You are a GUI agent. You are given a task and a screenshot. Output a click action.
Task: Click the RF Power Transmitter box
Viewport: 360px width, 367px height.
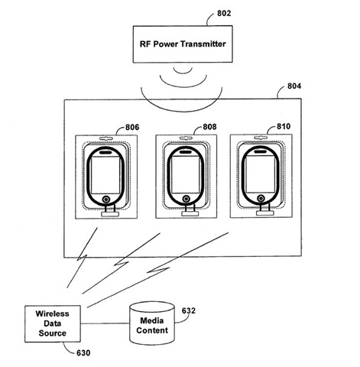pos(183,44)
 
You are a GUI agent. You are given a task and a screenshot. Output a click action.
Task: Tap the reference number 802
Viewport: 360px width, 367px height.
pos(224,13)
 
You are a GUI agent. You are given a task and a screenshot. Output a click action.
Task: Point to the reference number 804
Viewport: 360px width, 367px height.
pos(294,86)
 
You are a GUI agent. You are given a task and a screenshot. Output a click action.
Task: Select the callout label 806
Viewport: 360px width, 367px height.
pos(132,127)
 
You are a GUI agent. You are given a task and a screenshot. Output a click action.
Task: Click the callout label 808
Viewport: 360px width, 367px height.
pos(209,127)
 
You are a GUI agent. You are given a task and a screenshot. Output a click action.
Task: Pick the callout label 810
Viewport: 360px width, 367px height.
pos(284,126)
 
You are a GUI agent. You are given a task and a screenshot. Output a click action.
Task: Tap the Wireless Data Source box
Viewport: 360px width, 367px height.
pos(53,323)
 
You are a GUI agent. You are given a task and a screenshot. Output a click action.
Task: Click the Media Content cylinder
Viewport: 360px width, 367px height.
pos(152,323)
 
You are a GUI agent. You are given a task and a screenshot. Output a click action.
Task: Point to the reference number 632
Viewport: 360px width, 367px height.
pos(189,310)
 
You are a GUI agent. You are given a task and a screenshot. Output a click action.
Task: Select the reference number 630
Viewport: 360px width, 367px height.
pos(83,353)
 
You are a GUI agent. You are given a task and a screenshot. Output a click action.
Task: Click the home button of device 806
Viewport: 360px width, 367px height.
pos(106,199)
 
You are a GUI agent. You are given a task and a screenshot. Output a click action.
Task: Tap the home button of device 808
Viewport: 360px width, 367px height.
pos(186,199)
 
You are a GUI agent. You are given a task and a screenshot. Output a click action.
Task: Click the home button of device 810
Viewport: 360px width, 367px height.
pos(261,198)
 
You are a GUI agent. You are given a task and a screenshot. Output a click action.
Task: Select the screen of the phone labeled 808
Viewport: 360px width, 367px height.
pos(186,174)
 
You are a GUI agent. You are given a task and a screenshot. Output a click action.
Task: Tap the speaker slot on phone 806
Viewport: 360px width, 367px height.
pos(105,152)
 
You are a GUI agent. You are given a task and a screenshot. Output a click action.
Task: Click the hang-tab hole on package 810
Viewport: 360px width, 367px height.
pos(261,138)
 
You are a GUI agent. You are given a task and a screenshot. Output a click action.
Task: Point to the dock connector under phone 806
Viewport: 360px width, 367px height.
pos(110,214)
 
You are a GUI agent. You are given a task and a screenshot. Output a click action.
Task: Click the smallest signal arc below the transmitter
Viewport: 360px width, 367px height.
pos(183,71)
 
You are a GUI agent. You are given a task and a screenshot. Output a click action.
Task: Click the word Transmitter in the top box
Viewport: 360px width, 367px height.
pos(203,44)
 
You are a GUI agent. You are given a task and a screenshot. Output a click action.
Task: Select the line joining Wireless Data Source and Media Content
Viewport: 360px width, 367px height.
pos(105,323)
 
